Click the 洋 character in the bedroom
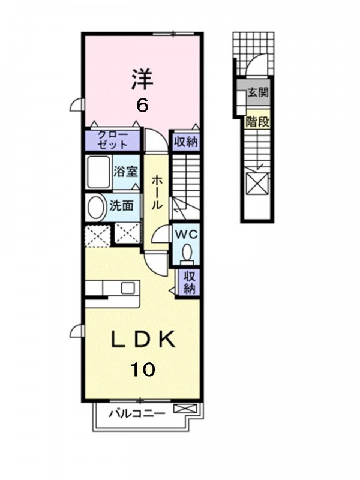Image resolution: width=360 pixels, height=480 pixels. point(142,79)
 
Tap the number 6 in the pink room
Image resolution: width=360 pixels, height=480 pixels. point(142,106)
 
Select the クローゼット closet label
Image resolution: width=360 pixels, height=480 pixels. point(112,140)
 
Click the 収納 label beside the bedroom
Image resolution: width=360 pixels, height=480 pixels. point(186,142)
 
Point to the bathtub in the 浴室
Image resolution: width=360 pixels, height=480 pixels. point(98,172)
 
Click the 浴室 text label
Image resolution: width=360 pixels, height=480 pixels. point(125,172)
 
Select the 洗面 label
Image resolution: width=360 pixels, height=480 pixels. point(122,206)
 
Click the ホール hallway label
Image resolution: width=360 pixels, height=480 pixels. point(156,192)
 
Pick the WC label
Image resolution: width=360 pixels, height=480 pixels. point(186,235)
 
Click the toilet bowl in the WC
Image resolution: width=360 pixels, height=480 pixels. point(187,253)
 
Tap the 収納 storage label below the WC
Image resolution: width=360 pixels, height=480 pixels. point(189,283)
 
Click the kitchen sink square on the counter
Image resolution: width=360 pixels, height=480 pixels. point(127,288)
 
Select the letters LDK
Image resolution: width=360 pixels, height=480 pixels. point(143,340)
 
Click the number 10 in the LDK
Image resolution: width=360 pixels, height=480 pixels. point(143,369)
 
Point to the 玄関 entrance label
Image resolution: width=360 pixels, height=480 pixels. point(258,92)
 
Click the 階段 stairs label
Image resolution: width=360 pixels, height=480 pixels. point(257,122)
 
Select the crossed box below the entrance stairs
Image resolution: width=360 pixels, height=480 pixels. point(257,184)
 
